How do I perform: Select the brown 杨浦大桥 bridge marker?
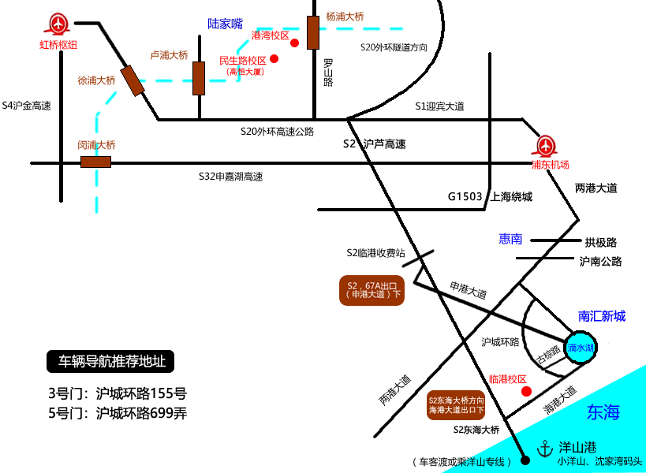(313, 32)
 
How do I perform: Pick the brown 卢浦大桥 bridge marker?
(199, 77)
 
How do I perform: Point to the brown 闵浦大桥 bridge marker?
(95, 162)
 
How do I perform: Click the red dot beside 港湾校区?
(295, 43)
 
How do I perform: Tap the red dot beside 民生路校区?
(274, 58)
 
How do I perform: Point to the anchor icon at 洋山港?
(543, 449)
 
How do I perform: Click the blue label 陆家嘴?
(226, 24)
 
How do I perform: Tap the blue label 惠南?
(510, 239)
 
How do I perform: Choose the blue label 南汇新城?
(602, 316)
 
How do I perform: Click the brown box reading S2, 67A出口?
(372, 289)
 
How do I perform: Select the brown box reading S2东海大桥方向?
(455, 404)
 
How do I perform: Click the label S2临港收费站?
(375, 253)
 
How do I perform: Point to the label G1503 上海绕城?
(490, 197)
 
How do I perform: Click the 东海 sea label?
(603, 411)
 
